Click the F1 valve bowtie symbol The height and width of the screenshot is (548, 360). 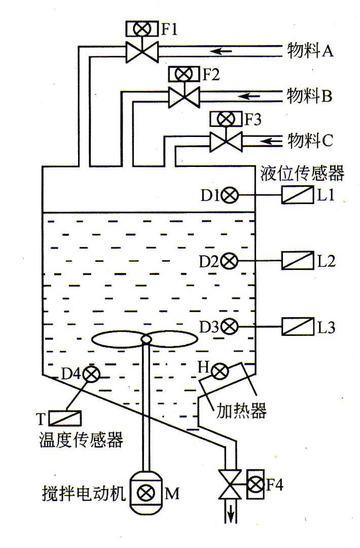(x=142, y=52)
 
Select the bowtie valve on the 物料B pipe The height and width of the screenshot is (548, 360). (x=184, y=97)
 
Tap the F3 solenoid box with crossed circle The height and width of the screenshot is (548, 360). (x=226, y=119)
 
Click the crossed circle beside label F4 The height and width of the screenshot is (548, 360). (x=256, y=484)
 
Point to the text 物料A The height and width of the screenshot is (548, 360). (x=310, y=51)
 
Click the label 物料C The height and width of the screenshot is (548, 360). (x=310, y=141)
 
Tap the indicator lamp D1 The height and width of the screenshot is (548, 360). (x=230, y=195)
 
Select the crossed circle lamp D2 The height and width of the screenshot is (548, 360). (x=229, y=261)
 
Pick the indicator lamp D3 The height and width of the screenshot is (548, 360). (x=229, y=326)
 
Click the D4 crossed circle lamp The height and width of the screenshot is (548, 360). (x=92, y=374)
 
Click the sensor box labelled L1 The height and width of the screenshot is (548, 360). (x=298, y=195)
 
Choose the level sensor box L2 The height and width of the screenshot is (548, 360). (x=298, y=260)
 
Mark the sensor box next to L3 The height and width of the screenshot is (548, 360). (x=298, y=326)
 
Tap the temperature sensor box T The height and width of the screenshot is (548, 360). (x=65, y=418)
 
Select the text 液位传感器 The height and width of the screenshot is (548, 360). (x=302, y=173)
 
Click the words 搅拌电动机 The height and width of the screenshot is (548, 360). (x=84, y=494)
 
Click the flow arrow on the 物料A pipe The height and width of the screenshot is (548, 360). (x=221, y=51)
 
